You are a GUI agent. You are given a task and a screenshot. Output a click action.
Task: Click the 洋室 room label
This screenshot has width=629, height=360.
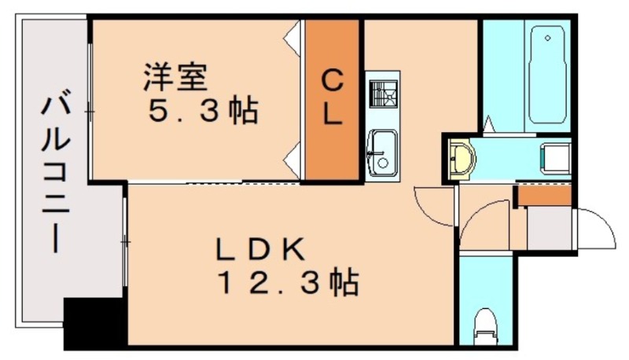click(x=175, y=78)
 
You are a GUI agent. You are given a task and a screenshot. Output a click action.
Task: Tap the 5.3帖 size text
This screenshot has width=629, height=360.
click(x=204, y=111)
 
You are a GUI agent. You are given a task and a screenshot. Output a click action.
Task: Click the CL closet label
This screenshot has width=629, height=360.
click(x=333, y=97)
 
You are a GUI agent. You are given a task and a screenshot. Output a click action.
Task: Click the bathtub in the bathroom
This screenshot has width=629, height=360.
click(x=549, y=75)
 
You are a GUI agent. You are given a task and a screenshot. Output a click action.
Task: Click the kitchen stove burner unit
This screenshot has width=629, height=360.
click(x=383, y=94)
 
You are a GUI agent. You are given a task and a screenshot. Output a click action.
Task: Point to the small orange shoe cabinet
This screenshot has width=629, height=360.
click(x=543, y=196)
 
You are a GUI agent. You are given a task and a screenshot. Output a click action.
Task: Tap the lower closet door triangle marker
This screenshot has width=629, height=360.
click(x=292, y=161)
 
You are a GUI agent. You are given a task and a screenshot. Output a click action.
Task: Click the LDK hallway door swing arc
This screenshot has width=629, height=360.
click(x=434, y=206)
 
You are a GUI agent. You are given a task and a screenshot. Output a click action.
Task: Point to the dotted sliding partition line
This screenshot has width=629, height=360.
click(x=244, y=182)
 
